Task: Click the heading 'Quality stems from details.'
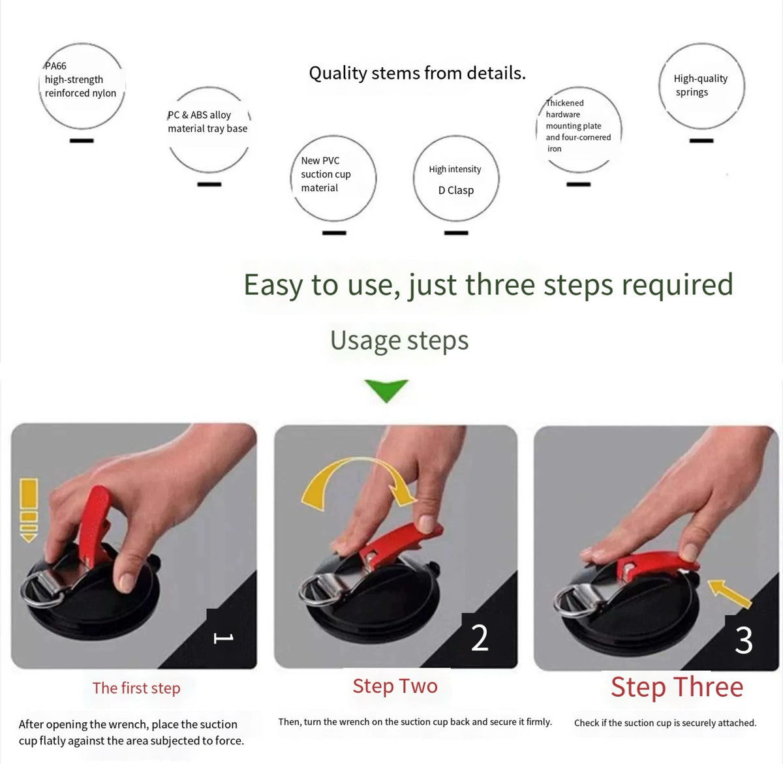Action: [x=417, y=74]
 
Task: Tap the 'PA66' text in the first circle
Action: [x=55, y=66]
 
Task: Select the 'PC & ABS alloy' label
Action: [x=199, y=115]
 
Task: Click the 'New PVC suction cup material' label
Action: [x=326, y=174]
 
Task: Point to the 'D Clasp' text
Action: [x=456, y=191]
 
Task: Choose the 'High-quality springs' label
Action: [x=701, y=85]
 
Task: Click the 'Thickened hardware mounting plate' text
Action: [x=574, y=115]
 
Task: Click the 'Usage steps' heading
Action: [x=399, y=341]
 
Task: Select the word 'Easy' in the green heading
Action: [x=273, y=285]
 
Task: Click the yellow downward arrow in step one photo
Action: [x=29, y=510]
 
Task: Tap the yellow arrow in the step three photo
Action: [x=729, y=594]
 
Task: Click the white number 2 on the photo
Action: [x=480, y=637]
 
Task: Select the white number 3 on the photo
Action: [x=744, y=640]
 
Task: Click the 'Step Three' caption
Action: [x=677, y=687]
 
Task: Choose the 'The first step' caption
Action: [x=136, y=688]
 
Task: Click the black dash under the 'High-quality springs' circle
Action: [x=701, y=141]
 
